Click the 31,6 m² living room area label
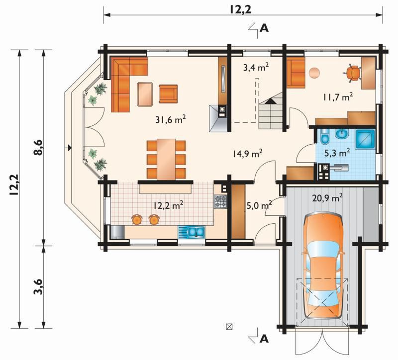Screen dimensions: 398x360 click(171, 119)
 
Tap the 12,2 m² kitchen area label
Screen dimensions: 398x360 click(168, 205)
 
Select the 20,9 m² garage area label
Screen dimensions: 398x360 click(327, 198)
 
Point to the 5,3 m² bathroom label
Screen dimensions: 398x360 click(338, 153)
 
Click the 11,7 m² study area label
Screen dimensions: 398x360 click(338, 97)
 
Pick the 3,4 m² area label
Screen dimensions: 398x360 click(256, 68)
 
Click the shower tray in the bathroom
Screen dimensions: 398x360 click(365, 139)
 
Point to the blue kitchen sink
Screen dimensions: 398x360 click(196, 232)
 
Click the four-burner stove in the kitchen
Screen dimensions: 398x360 click(220, 201)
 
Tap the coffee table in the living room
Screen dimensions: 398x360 click(145, 94)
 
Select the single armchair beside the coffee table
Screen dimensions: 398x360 click(168, 94)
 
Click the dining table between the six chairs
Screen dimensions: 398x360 click(166, 159)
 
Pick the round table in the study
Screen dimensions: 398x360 click(314, 73)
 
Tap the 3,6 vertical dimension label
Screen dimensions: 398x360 click(39, 287)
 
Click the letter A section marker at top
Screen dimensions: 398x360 click(265, 28)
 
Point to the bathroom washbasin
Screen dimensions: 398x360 click(343, 134)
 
